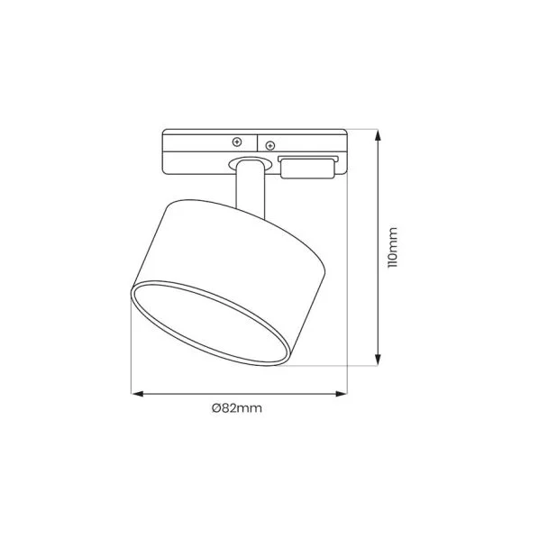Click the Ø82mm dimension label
pyautogui.click(x=237, y=408)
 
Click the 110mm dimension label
pyautogui.click(x=393, y=248)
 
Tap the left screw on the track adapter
pyautogui.click(x=237, y=142)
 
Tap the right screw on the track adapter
pyautogui.click(x=270, y=146)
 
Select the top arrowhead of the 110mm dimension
pyautogui.click(x=378, y=135)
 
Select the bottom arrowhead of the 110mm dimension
pyautogui.click(x=378, y=360)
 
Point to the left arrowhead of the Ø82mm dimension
pyautogui.click(x=137, y=394)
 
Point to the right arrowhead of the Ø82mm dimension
pyautogui.click(x=341, y=394)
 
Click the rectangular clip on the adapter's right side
pyautogui.click(x=308, y=168)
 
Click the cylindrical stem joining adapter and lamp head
pyautogui.click(x=251, y=188)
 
